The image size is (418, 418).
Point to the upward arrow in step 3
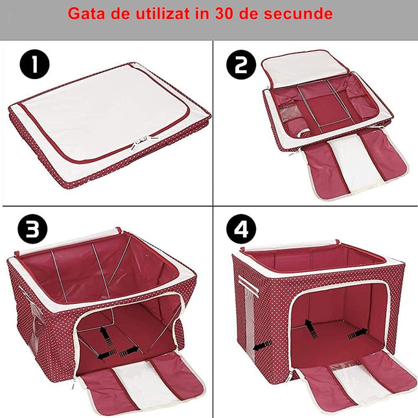pyautogui.click(x=103, y=332)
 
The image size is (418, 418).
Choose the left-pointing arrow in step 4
pyautogui.click(x=261, y=347)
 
